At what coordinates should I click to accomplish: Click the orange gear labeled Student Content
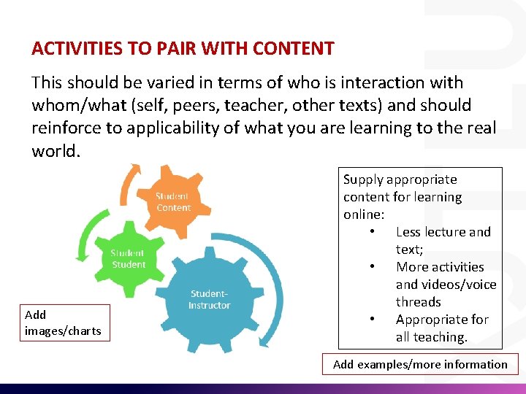pos(173,202)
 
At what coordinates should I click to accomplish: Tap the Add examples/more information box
pos(420,364)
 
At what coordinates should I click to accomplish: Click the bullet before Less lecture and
pos(373,232)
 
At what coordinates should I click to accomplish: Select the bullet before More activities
pos(373,267)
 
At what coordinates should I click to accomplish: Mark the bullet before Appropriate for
pos(373,320)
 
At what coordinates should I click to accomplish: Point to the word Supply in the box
pos(363,179)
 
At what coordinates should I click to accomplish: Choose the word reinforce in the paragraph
pos(64,128)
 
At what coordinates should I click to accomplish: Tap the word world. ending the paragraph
pos(53,151)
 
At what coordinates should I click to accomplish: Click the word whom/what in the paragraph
pos(70,105)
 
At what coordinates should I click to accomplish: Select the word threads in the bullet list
pos(418,302)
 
